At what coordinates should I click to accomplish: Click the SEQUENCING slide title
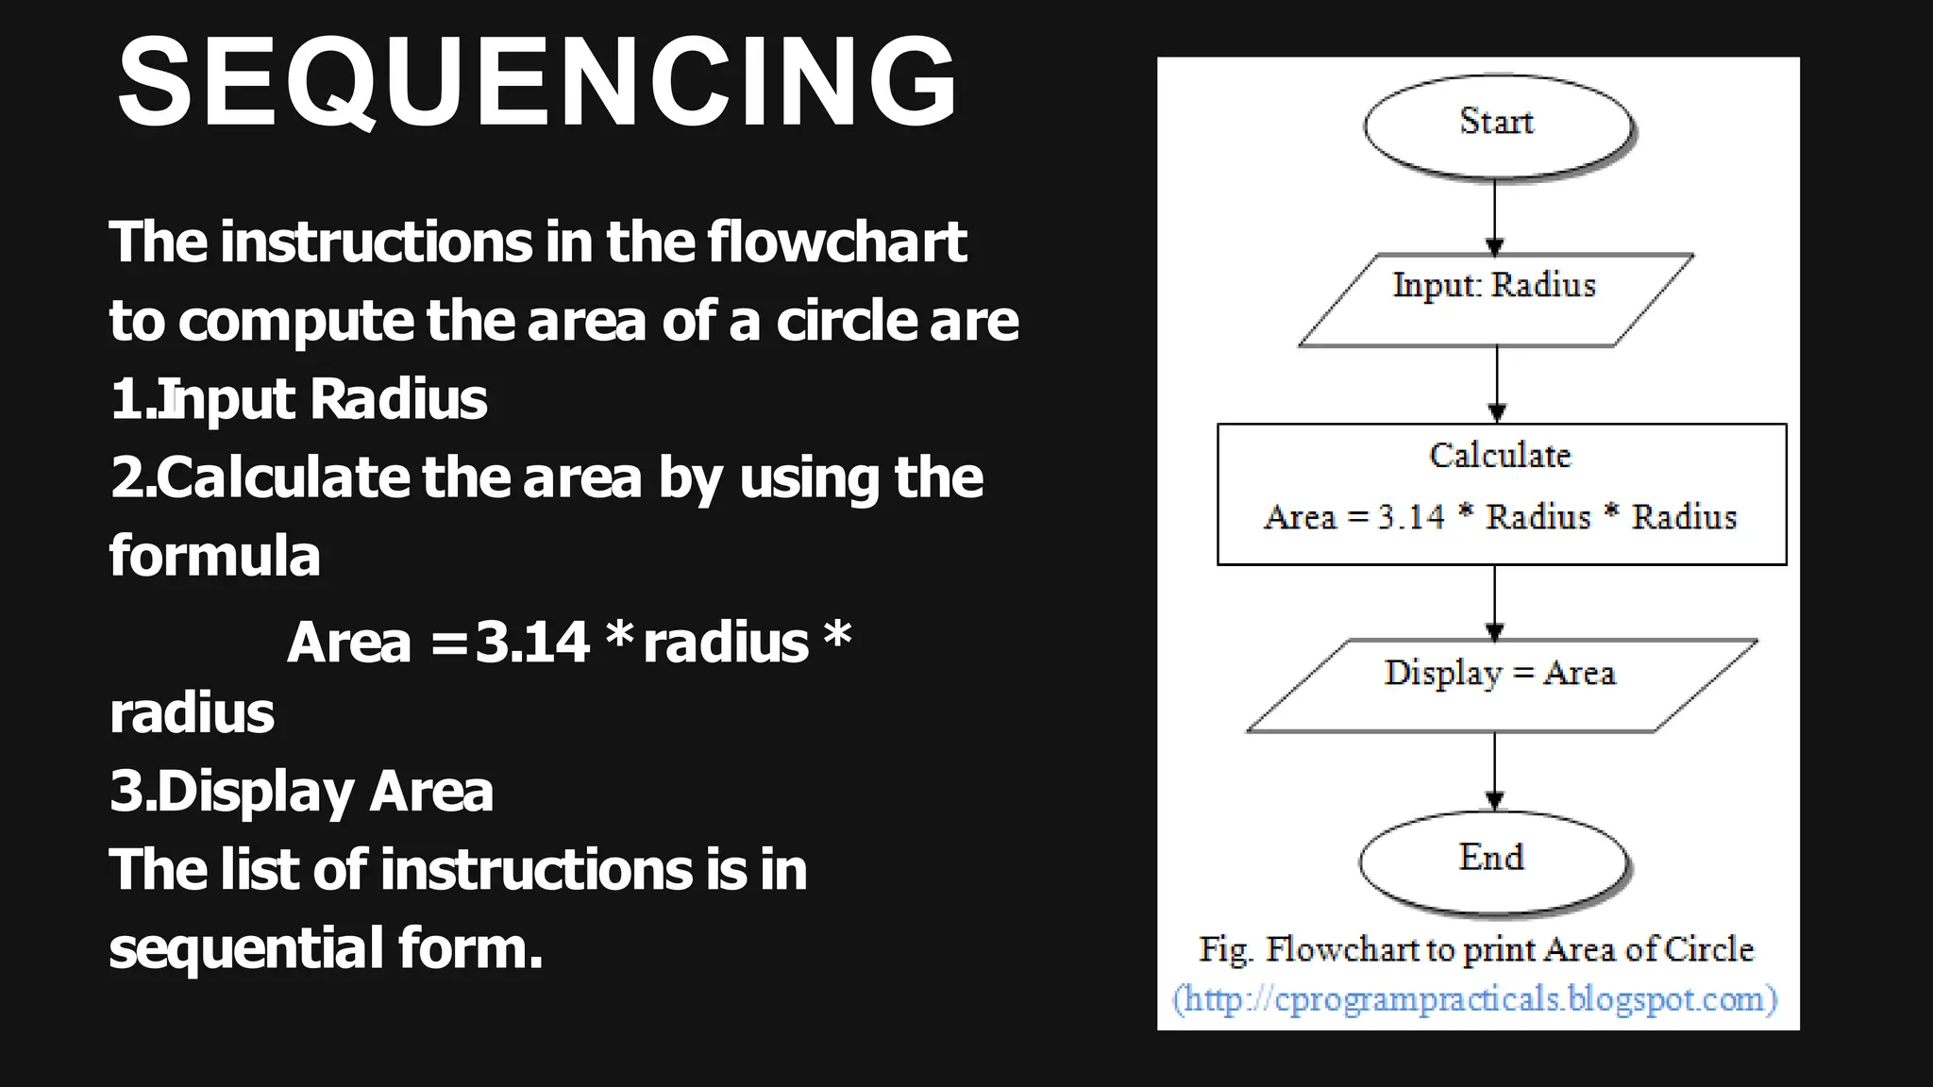(x=536, y=82)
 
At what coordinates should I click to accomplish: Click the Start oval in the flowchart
(x=1498, y=125)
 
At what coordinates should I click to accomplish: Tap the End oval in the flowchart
(x=1493, y=861)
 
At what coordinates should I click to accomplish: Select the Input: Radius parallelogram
(x=1495, y=299)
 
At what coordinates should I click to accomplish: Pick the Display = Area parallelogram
(x=1501, y=685)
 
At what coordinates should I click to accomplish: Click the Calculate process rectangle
(x=1501, y=493)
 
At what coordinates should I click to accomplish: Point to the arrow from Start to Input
(x=1495, y=217)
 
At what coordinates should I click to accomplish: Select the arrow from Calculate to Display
(x=1495, y=603)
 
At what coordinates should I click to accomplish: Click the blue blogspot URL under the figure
(x=1475, y=998)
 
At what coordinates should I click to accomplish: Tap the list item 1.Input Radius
(x=298, y=398)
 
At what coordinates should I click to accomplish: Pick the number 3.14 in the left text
(x=532, y=642)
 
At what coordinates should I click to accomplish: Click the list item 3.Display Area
(x=302, y=791)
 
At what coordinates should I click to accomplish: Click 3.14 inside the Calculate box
(x=1410, y=517)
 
